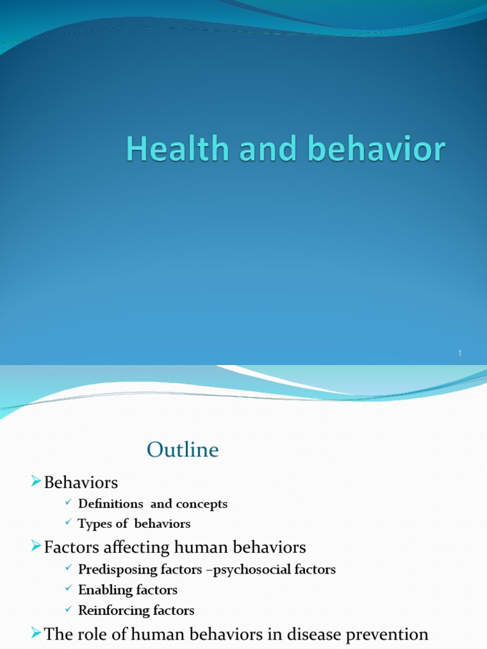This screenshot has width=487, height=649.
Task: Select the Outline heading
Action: click(183, 450)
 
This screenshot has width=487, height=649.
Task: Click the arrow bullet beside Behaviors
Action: click(36, 482)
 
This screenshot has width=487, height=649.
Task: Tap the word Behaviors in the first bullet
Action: click(81, 483)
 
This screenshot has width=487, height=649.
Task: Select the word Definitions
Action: click(110, 504)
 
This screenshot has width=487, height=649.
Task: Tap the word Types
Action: click(94, 524)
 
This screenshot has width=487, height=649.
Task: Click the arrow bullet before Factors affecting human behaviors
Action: click(36, 546)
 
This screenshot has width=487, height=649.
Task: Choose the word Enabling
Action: click(102, 590)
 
